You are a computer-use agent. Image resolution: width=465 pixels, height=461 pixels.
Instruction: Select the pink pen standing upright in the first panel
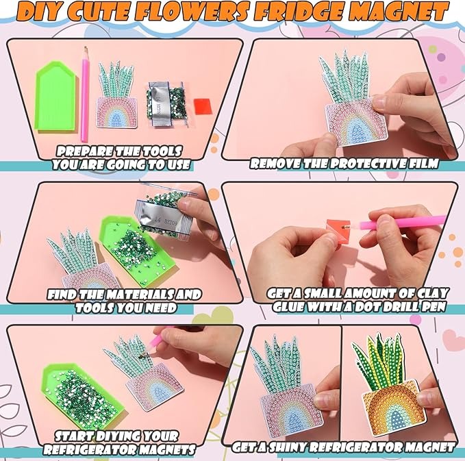[x=85, y=94]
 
